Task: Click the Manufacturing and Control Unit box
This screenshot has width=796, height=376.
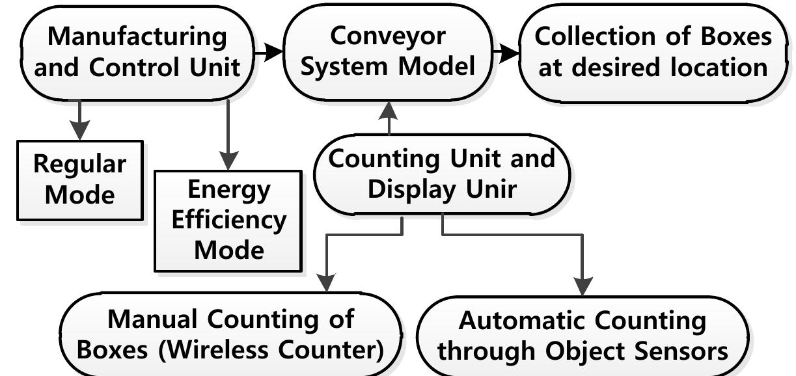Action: tap(137, 52)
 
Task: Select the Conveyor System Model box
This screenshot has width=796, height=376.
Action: tap(389, 52)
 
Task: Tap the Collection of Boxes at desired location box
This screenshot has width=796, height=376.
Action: tap(653, 52)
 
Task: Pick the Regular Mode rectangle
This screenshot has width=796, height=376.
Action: tap(79, 180)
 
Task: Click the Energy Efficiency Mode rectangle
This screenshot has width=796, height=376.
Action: tap(228, 219)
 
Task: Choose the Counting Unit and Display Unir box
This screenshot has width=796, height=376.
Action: tap(441, 174)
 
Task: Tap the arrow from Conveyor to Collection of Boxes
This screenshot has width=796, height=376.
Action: tap(506, 52)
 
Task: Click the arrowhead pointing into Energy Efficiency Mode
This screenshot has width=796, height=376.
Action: tap(228, 161)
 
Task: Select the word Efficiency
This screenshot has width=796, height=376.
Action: tap(228, 220)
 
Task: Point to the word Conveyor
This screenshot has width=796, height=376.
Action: tap(389, 36)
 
